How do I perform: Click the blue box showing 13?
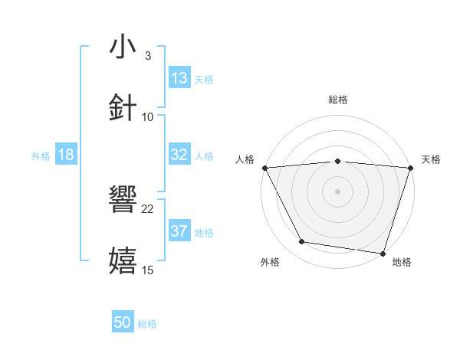179,78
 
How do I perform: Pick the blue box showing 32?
179,155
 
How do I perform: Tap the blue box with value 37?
179,231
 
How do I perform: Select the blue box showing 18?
66,155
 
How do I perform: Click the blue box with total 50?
123,322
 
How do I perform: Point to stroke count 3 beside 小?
147,56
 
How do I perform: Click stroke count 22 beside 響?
148,208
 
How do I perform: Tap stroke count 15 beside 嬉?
148,270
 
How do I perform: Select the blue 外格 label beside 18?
41,155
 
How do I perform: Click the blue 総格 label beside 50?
147,323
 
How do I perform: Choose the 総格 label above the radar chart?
338,100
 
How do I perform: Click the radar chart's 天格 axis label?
431,159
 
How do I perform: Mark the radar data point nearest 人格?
264,168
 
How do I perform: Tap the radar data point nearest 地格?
383,253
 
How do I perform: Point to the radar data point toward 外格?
301,242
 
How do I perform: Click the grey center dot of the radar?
338,191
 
